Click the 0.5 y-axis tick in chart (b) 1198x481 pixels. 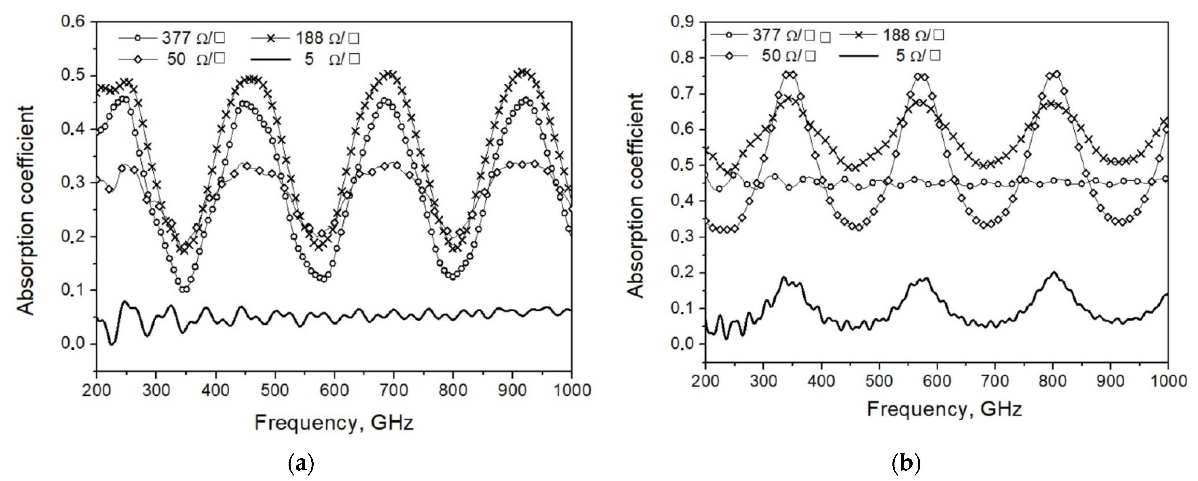pos(683,165)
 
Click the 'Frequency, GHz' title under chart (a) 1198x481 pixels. pos(334,423)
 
